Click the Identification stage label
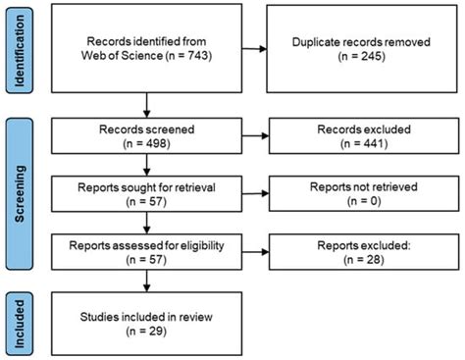point(18,48)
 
